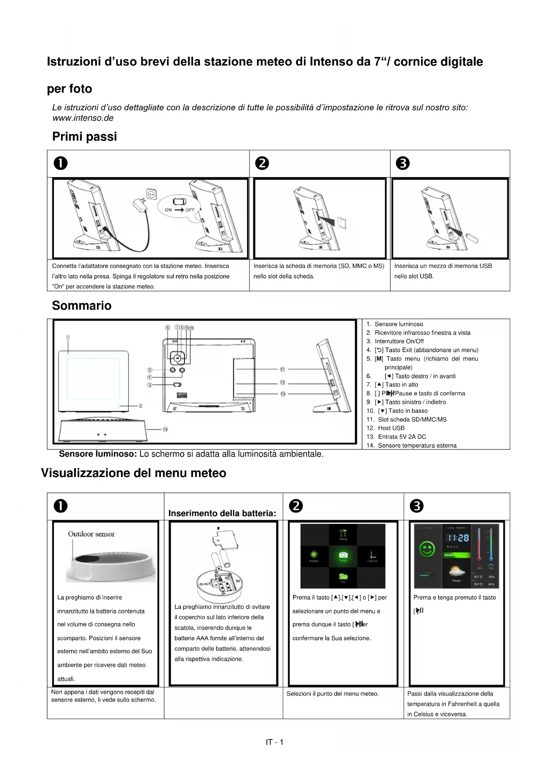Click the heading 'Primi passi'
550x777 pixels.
(x=85, y=136)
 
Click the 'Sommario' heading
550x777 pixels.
(x=82, y=306)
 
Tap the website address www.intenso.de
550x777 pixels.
(x=83, y=118)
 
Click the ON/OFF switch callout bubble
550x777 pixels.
(x=179, y=206)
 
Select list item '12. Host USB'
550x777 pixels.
(x=386, y=428)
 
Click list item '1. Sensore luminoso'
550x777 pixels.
(x=394, y=324)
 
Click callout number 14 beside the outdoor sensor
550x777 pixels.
(x=165, y=429)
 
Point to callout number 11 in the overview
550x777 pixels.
(x=282, y=369)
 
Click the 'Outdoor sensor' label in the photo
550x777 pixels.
(x=91, y=534)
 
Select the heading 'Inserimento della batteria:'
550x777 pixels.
(x=222, y=513)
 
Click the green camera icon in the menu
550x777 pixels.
(x=343, y=555)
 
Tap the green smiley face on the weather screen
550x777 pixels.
(x=427, y=550)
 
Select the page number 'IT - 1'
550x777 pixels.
(x=274, y=742)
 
